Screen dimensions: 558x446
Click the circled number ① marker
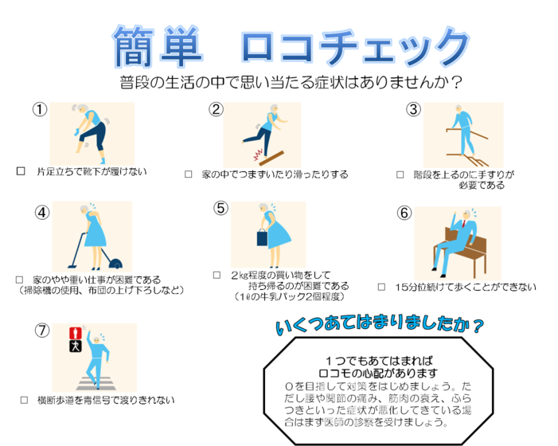coord(40,109)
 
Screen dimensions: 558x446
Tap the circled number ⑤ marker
coord(220,208)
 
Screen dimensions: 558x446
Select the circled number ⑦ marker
coord(42,331)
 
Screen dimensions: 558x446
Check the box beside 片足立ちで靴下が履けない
coord(21,171)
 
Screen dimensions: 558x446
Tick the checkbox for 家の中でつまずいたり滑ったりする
coord(189,174)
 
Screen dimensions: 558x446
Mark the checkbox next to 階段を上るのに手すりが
coord(400,174)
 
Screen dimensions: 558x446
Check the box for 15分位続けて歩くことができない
coord(381,287)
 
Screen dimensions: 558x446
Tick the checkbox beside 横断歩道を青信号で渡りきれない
coord(24,400)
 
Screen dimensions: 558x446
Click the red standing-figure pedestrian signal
coord(76,333)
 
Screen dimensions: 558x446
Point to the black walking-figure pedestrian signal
coord(76,346)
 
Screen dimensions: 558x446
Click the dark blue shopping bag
coord(262,237)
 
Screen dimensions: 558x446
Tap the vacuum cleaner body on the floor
coord(115,264)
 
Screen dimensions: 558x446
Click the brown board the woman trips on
coord(271,158)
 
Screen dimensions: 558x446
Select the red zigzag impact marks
coord(258,155)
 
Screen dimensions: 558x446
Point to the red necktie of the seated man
coord(464,224)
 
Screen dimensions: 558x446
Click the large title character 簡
coord(134,47)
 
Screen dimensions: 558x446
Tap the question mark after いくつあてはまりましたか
coord(478,326)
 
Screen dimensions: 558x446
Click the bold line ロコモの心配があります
coord(378,373)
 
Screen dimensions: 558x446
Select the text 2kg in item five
coord(240,275)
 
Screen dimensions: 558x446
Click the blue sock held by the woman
coord(76,132)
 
